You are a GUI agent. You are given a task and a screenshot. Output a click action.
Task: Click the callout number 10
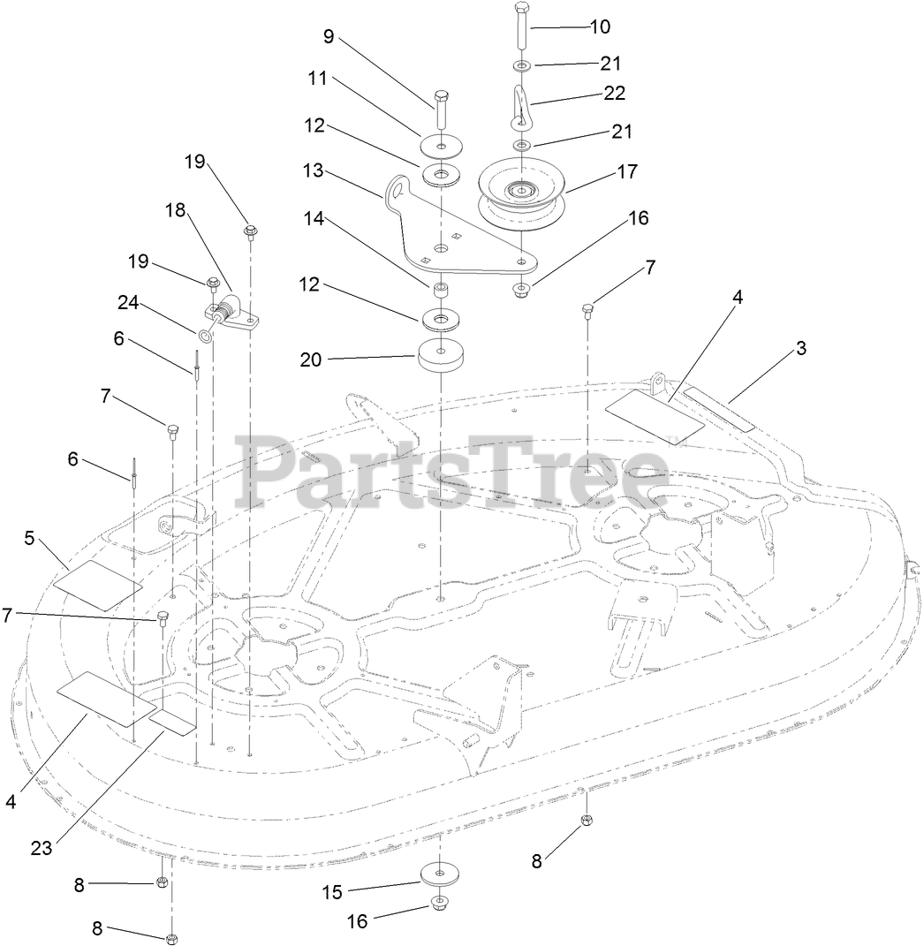click(x=600, y=26)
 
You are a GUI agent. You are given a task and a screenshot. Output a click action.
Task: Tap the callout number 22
click(x=614, y=93)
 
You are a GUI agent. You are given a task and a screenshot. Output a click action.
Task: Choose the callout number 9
click(x=329, y=37)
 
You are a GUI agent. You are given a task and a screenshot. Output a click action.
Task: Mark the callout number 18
click(x=176, y=209)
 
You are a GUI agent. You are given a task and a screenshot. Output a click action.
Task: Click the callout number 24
click(x=129, y=303)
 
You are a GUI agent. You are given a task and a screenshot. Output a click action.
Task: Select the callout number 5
click(x=30, y=538)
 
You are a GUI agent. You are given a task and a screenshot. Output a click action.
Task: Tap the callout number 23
click(x=42, y=847)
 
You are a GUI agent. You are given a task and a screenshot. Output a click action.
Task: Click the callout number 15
click(x=332, y=892)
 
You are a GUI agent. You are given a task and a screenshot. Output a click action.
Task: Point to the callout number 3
click(x=801, y=348)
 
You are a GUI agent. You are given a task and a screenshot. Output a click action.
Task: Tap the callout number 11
click(x=317, y=79)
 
